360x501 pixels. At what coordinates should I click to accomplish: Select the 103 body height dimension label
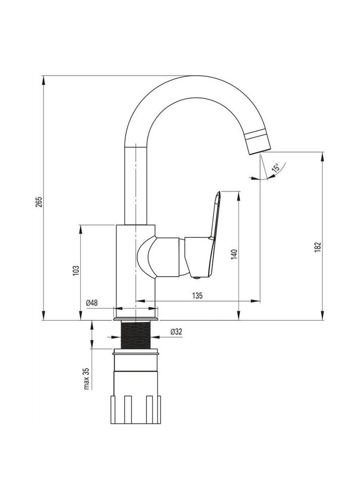coord(75,270)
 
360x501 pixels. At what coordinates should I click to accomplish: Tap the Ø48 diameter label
coord(92,303)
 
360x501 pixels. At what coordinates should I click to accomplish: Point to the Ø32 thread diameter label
coord(176,331)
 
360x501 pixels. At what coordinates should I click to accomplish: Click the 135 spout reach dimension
coord(197,296)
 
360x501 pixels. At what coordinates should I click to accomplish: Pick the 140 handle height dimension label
coord(234,254)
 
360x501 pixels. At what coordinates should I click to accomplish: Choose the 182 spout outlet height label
coord(317,247)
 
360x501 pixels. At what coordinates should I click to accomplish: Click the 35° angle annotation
coord(275,168)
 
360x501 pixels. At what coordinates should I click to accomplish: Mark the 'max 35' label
coord(86,378)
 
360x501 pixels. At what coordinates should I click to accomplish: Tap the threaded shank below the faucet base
coord(136,336)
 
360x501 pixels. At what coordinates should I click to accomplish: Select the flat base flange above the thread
coord(136,319)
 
